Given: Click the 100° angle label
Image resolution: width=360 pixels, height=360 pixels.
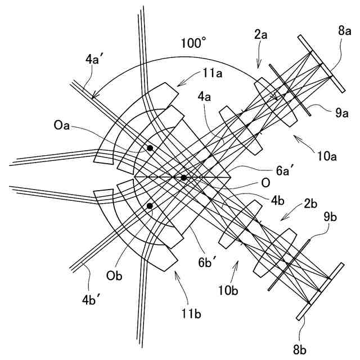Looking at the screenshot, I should click(193, 42).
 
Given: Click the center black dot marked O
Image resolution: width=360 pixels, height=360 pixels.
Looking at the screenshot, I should click(184, 178).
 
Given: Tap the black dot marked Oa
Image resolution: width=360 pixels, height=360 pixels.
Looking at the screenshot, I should click(150, 148).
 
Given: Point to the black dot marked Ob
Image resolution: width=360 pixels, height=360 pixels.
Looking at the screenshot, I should click(150, 206).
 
